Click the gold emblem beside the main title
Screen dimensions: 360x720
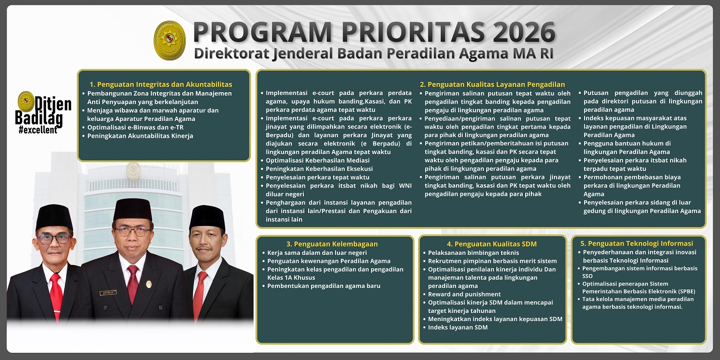tap(169, 40)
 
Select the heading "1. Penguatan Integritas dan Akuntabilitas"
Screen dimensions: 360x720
tap(161, 84)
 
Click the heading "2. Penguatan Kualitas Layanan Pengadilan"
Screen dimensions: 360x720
tap(492, 84)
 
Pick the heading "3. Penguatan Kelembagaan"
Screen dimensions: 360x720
tap(332, 244)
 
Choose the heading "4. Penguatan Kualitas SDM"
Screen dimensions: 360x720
tap(492, 244)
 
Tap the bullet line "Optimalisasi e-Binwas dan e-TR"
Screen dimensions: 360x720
tap(135, 127)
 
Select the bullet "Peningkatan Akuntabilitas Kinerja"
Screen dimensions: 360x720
tap(140, 136)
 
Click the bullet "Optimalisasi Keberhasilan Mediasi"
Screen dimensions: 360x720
tap(317, 160)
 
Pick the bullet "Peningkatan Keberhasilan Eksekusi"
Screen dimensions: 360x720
tap(319, 168)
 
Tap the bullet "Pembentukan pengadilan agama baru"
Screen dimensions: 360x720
tap(324, 286)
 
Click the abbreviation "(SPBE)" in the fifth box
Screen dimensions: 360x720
tap(684, 291)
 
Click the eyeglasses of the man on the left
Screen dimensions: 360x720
tap(54, 239)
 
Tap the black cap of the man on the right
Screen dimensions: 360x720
tap(207, 218)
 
